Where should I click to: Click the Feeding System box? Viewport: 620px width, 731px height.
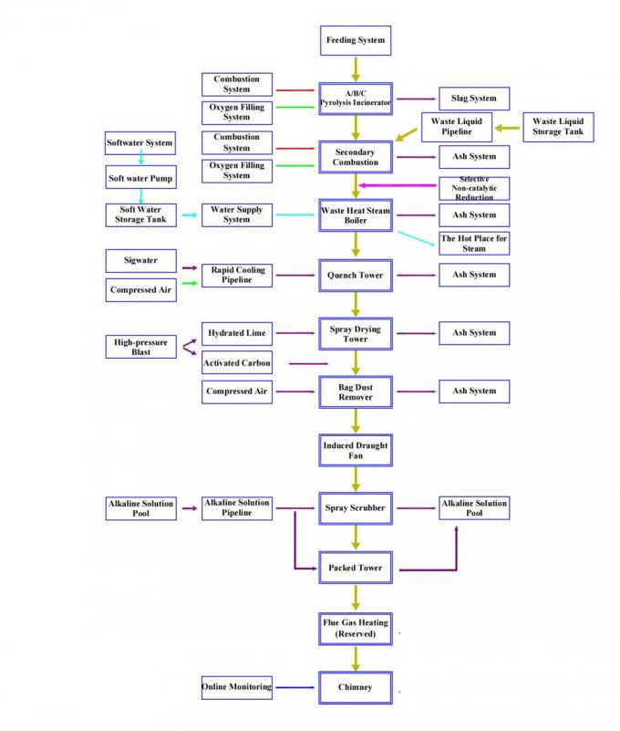356,40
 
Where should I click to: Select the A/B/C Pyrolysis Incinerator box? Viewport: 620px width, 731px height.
356,99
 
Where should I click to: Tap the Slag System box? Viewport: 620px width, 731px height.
474,99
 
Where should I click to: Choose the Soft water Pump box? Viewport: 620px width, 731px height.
140,177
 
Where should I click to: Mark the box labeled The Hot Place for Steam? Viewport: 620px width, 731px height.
474,243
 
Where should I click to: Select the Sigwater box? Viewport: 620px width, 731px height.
140,261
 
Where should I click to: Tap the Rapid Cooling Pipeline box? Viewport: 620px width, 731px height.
236,274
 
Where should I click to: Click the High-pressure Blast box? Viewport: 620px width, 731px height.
140,347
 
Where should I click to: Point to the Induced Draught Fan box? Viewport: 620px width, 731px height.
356,450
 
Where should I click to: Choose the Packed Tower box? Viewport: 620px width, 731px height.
356,568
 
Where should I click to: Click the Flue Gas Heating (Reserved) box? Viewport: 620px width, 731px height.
356,627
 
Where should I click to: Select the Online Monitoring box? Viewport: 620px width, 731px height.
236,686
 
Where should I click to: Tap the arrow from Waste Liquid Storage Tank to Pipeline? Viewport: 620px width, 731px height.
509,127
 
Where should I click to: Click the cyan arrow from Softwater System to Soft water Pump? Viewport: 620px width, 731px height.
140,160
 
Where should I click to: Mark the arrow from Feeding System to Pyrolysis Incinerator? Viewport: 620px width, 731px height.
356,68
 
